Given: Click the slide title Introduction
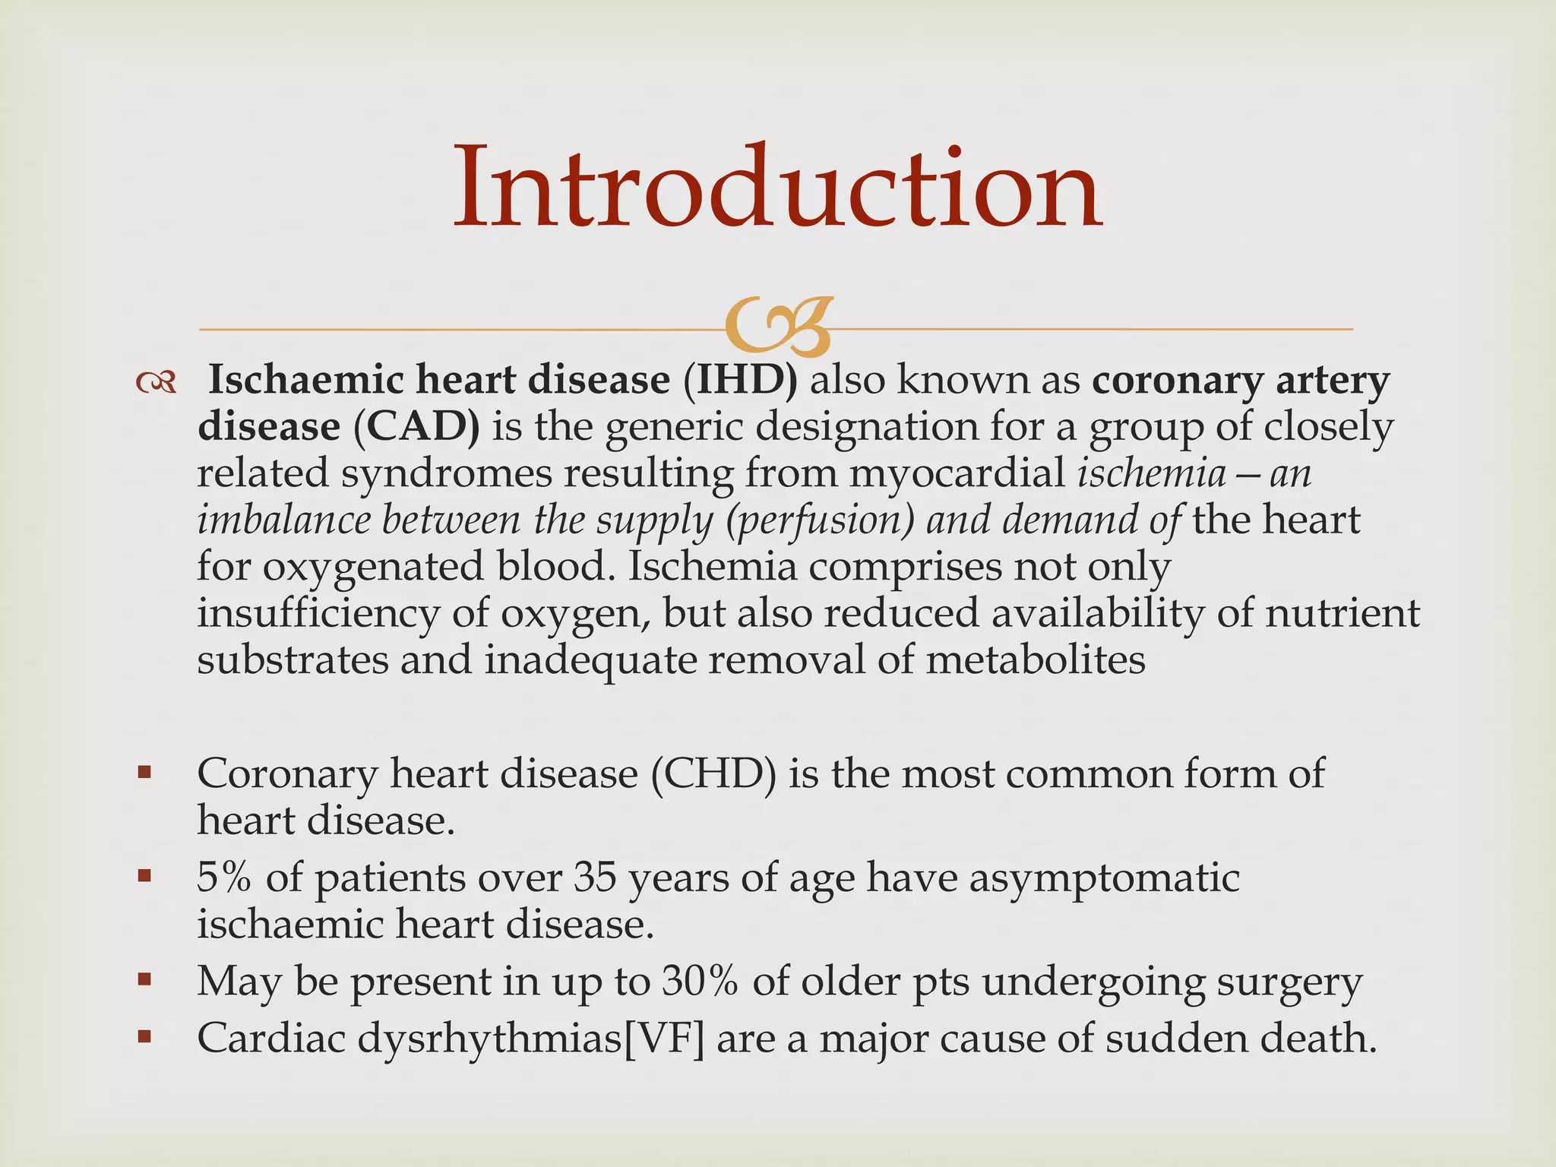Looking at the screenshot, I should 777,188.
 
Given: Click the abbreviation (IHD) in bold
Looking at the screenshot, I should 740,380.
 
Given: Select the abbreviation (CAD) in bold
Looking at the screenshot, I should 416,426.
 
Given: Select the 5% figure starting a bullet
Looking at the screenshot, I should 223,878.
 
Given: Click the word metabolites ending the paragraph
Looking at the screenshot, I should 1035,659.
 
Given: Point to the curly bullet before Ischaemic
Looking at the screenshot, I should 156,382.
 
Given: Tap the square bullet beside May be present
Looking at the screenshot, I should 144,981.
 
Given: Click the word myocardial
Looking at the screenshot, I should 957,473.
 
